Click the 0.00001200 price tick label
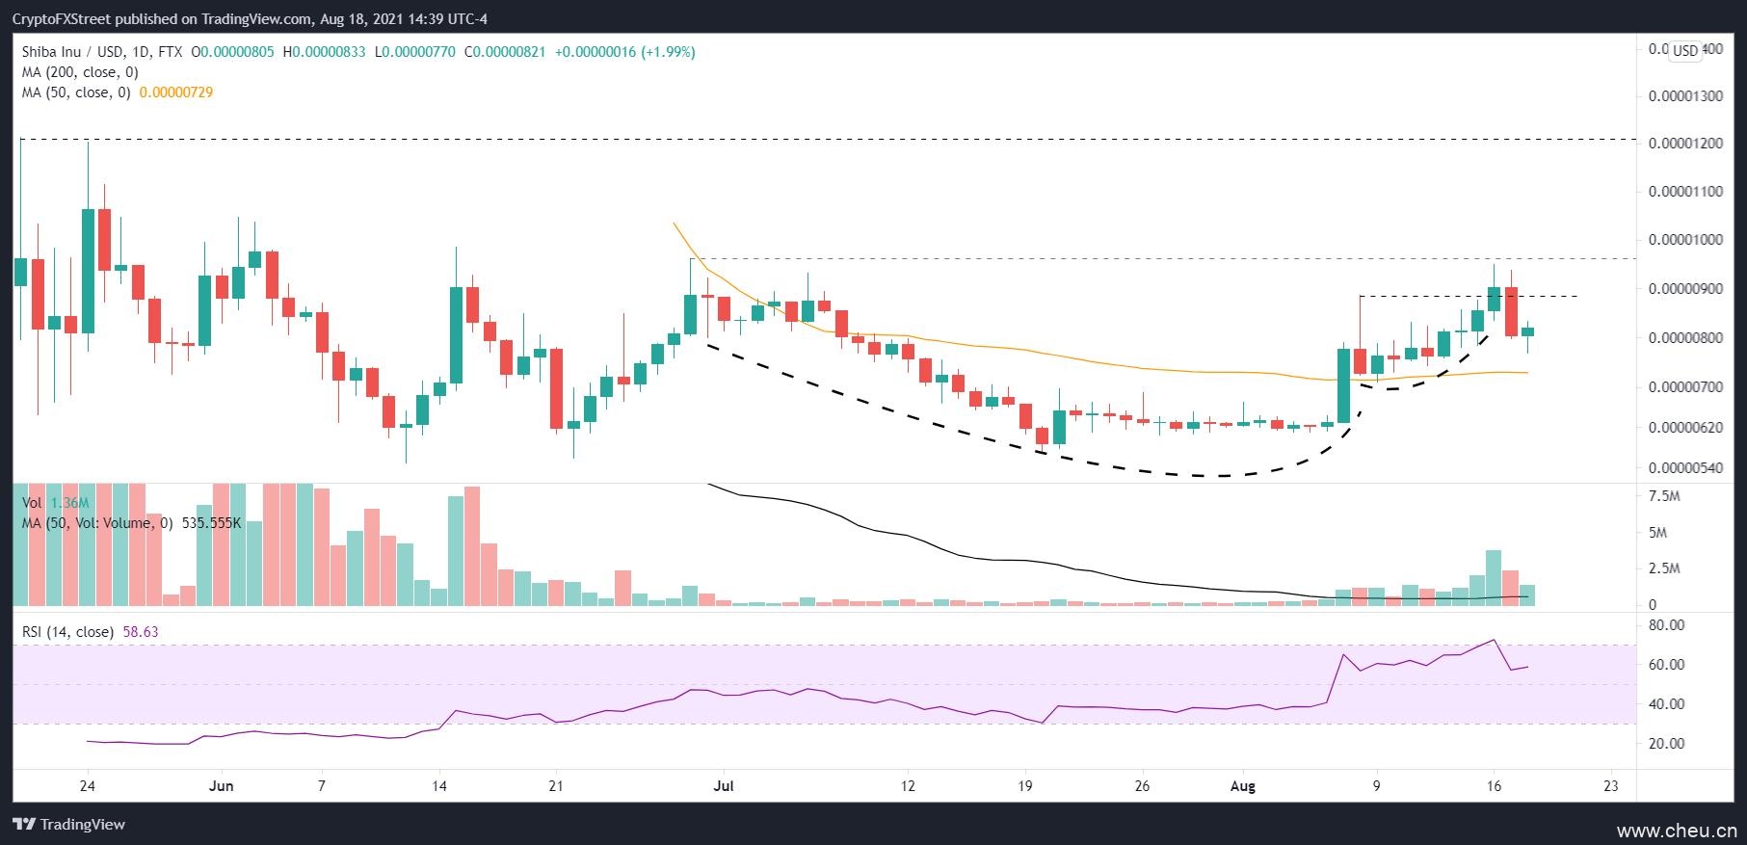pyautogui.click(x=1685, y=144)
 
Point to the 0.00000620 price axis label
pyautogui.click(x=1685, y=427)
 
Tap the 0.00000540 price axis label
pyautogui.click(x=1685, y=469)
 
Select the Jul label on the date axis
pyautogui.click(x=724, y=785)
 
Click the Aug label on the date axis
pyautogui.click(x=1243, y=785)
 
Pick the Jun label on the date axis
pyautogui.click(x=222, y=785)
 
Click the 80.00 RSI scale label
pyautogui.click(x=1666, y=625)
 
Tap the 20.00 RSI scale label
pyautogui.click(x=1666, y=744)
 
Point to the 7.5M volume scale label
pyautogui.click(x=1665, y=496)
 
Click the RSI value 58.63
pyautogui.click(x=141, y=632)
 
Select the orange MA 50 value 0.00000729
pyautogui.click(x=176, y=92)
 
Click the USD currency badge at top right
pyautogui.click(x=1685, y=50)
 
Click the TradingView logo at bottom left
pyautogui.click(x=69, y=825)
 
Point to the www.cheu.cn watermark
pyautogui.click(x=1677, y=831)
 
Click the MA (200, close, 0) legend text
pyautogui.click(x=80, y=72)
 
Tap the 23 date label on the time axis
pyautogui.click(x=1610, y=785)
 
